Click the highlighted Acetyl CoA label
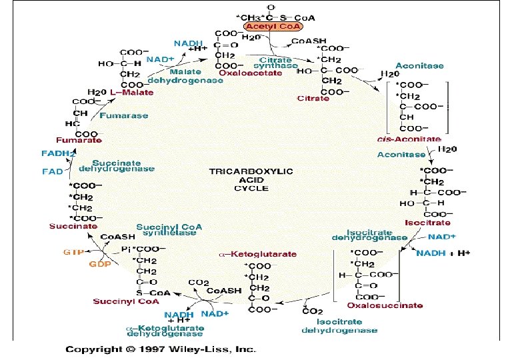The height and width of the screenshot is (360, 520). (x=273, y=26)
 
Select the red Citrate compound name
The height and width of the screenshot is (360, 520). (x=313, y=99)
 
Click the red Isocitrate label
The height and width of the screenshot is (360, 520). (x=427, y=222)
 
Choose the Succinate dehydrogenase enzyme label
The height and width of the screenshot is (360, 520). (x=123, y=166)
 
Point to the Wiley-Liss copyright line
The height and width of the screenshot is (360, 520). (x=161, y=349)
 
